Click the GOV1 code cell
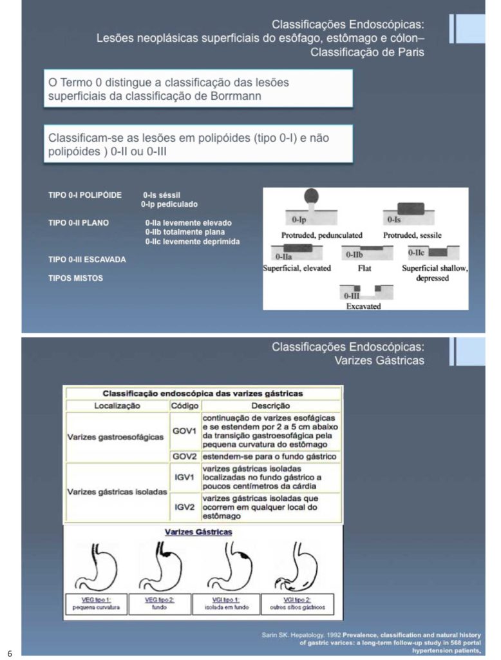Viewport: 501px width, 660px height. click(184, 431)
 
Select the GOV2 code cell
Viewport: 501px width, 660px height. click(184, 456)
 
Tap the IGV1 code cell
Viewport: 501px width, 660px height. click(184, 478)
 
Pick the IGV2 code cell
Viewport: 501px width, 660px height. click(184, 507)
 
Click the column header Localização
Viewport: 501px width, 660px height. click(117, 406)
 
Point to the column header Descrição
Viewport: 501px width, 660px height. click(270, 406)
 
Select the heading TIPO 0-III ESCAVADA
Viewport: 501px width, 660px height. click(87, 259)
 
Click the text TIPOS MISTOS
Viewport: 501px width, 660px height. click(75, 278)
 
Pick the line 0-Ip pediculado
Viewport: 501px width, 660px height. click(169, 204)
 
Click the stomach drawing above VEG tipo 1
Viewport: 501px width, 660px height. click(95, 567)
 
